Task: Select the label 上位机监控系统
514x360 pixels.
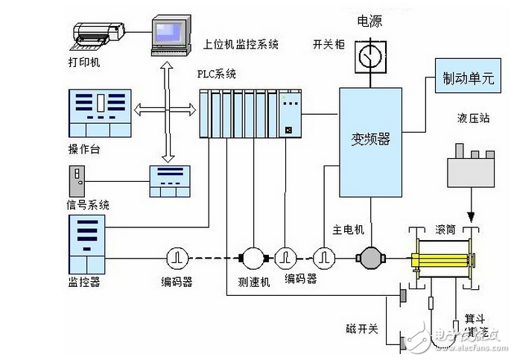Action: coord(241,45)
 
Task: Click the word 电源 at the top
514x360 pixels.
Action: coord(370,21)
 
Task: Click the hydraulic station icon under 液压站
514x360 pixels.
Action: coord(472,168)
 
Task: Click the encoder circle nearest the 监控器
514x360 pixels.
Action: coord(177,257)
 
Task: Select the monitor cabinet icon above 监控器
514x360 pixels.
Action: coord(89,243)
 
